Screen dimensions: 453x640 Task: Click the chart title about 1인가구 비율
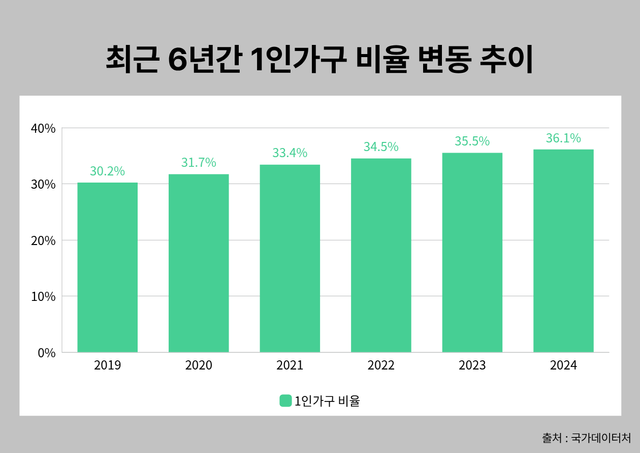tap(320, 59)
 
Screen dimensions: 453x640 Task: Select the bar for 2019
tap(107, 267)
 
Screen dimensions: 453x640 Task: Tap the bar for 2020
tap(198, 263)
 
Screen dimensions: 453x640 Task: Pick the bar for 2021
tap(290, 258)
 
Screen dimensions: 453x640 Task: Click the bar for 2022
tap(381, 255)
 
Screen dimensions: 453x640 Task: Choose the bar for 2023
tap(472, 252)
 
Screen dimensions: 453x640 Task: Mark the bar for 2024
tap(563, 250)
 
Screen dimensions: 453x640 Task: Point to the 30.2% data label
tap(107, 171)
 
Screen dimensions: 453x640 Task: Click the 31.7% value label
tap(198, 163)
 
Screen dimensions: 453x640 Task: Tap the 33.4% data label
tap(290, 153)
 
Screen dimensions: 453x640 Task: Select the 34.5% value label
tap(381, 147)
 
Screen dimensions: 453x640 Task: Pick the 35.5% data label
tap(472, 141)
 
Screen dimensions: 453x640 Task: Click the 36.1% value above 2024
tap(563, 138)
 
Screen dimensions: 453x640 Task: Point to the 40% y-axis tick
tap(43, 128)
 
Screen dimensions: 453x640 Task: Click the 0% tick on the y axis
tap(46, 352)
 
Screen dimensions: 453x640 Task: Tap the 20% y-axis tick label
tap(43, 240)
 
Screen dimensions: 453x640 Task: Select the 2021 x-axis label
tap(290, 366)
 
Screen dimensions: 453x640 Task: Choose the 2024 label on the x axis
tap(563, 366)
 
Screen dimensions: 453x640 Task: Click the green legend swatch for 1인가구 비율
tap(285, 401)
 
